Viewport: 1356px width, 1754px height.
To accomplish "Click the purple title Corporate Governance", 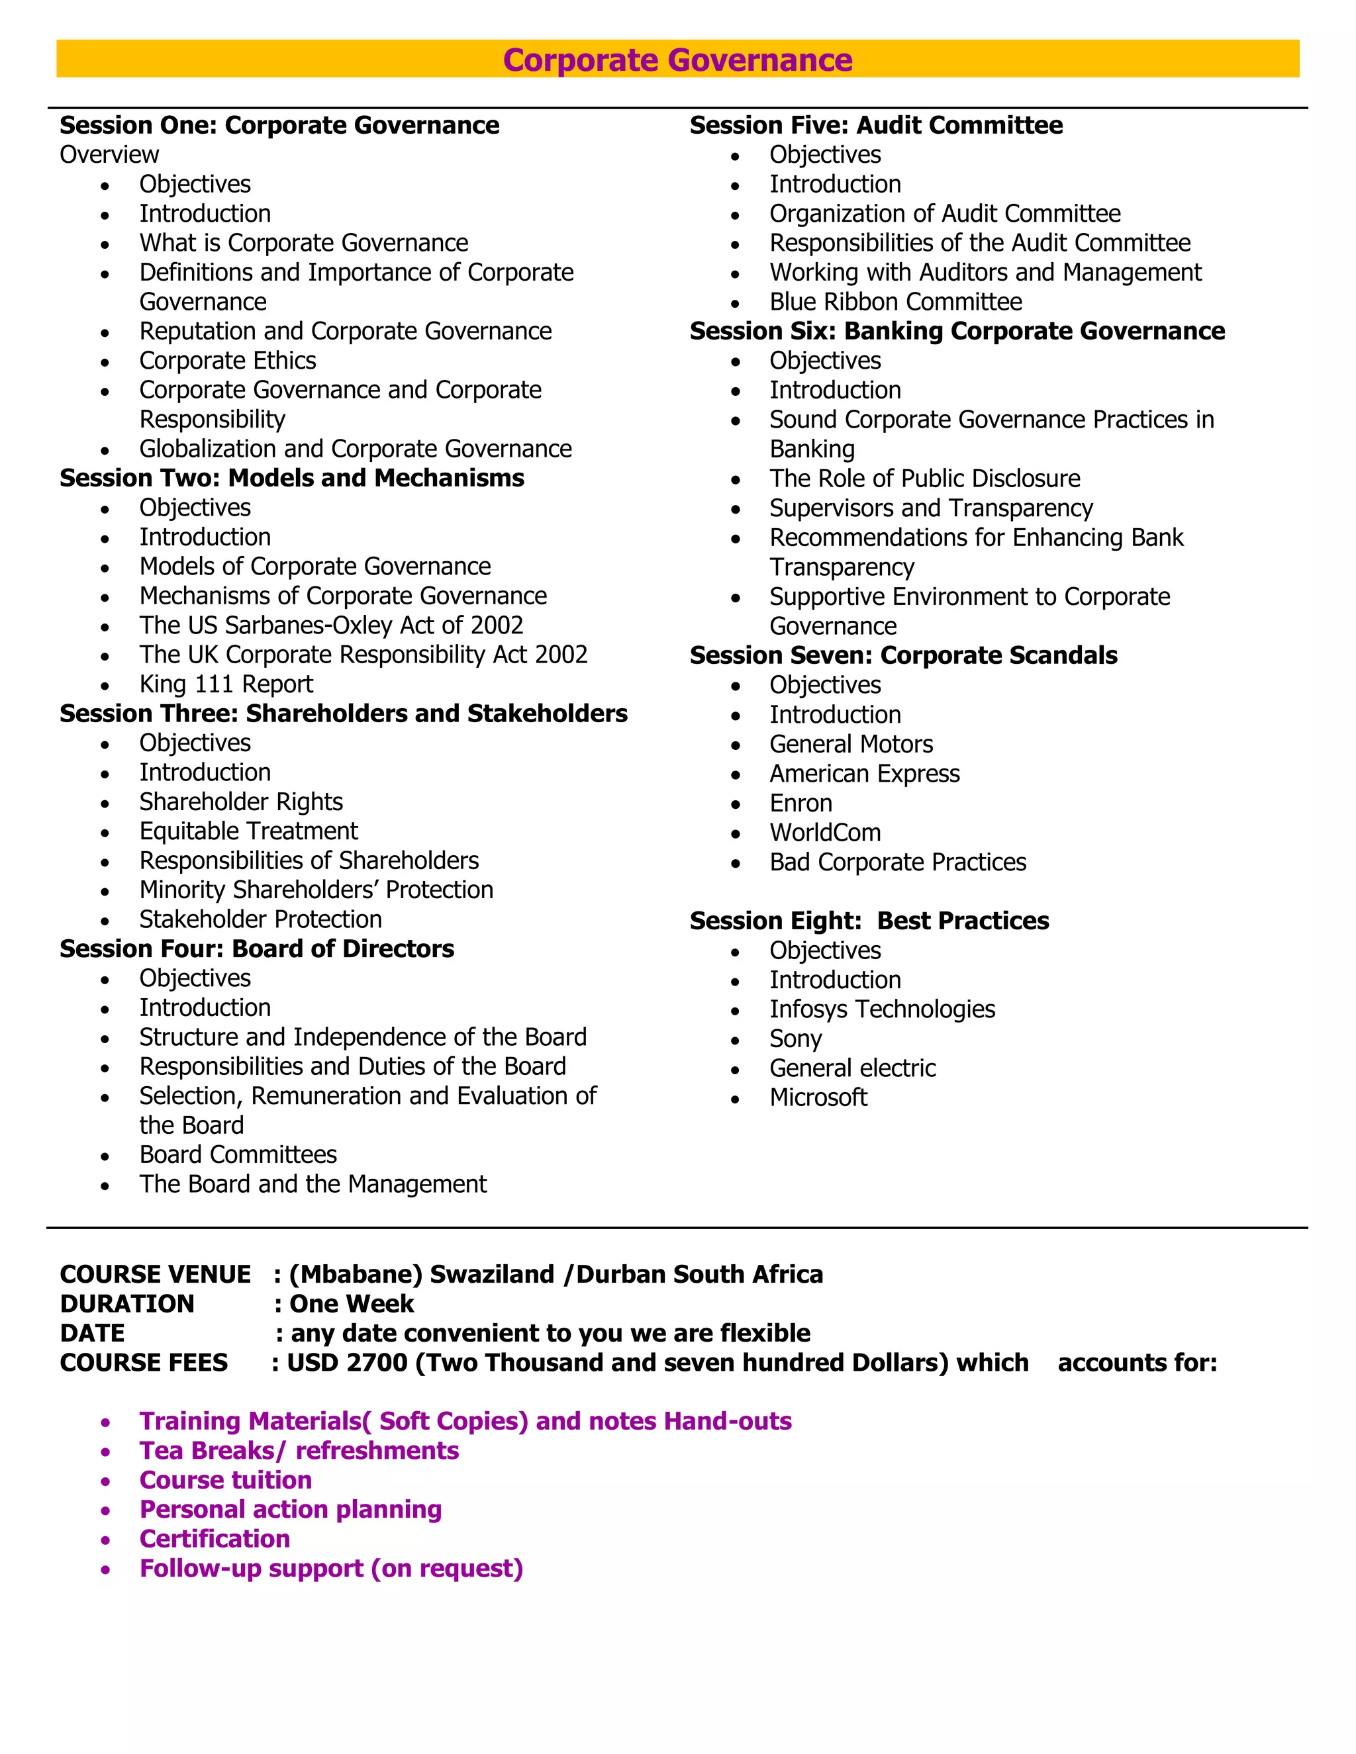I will (677, 60).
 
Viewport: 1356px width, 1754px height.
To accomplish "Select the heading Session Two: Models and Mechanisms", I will (291, 478).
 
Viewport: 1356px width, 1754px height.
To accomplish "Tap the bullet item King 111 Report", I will (226, 684).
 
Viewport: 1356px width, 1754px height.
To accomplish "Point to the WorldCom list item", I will (825, 832).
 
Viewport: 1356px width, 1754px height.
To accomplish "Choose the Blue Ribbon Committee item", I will (895, 302).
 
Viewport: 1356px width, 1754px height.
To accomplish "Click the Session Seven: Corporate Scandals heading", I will (903, 655).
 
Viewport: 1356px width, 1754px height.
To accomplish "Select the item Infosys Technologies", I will (881, 1009).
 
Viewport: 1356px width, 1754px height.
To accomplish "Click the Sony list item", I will (795, 1039).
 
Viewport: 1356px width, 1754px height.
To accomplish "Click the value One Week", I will (351, 1303).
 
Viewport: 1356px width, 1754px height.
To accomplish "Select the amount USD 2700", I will (347, 1362).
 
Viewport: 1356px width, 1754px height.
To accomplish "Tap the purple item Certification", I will (215, 1538).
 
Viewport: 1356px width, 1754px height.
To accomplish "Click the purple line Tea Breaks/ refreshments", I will (299, 1450).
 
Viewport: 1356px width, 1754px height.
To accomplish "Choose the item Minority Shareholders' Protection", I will (316, 890).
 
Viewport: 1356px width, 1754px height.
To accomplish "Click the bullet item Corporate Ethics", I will (227, 361).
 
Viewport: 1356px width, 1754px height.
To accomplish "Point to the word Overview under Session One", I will (109, 154).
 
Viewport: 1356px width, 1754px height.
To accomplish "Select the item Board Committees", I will (238, 1154).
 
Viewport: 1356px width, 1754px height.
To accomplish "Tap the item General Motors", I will (851, 744).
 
